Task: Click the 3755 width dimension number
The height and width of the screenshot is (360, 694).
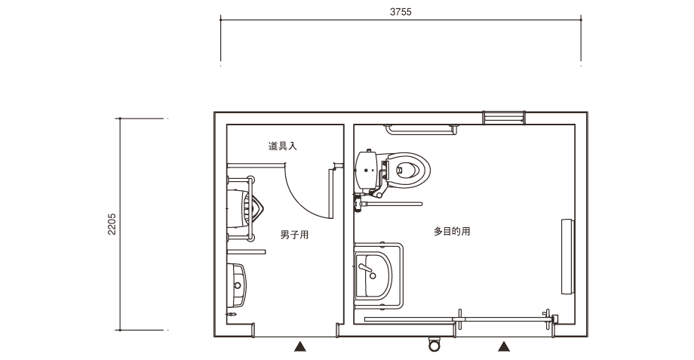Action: click(x=401, y=12)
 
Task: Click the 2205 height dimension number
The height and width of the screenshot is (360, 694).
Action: click(x=112, y=224)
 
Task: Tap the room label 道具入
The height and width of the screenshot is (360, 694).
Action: click(x=282, y=146)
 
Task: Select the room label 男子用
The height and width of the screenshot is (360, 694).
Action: click(x=294, y=235)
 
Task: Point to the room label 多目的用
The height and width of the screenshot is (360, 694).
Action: click(x=452, y=231)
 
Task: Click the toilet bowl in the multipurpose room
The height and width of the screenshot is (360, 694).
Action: click(x=407, y=170)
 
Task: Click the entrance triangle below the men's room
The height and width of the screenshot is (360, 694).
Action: click(x=300, y=346)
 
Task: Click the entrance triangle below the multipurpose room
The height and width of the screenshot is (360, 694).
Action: click(x=504, y=346)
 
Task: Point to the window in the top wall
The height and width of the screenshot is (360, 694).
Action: click(x=504, y=118)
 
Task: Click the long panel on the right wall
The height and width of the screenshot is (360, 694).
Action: click(x=567, y=257)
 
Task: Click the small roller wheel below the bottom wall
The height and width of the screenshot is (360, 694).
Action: click(x=435, y=344)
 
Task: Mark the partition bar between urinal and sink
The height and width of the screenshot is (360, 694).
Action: click(x=247, y=252)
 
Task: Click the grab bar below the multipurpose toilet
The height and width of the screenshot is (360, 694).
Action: click(x=392, y=204)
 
